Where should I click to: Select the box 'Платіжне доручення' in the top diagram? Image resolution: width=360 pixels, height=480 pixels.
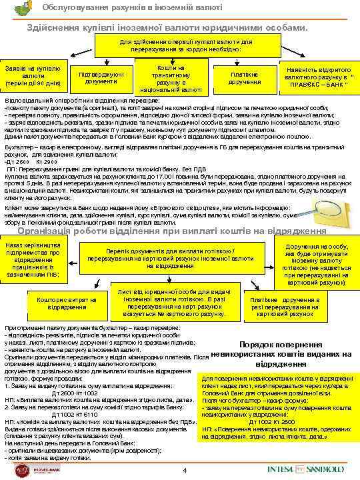(x=244, y=77)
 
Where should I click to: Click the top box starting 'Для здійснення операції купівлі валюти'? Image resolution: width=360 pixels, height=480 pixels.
(x=181, y=45)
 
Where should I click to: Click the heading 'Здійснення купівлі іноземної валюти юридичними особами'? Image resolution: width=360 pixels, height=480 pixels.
(x=167, y=29)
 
